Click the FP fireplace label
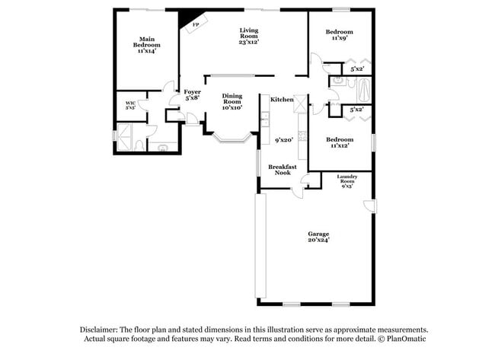[x=195, y=25]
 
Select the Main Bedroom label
[x=147, y=43]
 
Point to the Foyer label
[x=192, y=94]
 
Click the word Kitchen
[x=282, y=100]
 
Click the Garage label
[x=318, y=236]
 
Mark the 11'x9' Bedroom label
[x=339, y=35]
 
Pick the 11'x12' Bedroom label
[x=339, y=142]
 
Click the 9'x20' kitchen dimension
[x=284, y=140]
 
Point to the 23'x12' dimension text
[x=248, y=43]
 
